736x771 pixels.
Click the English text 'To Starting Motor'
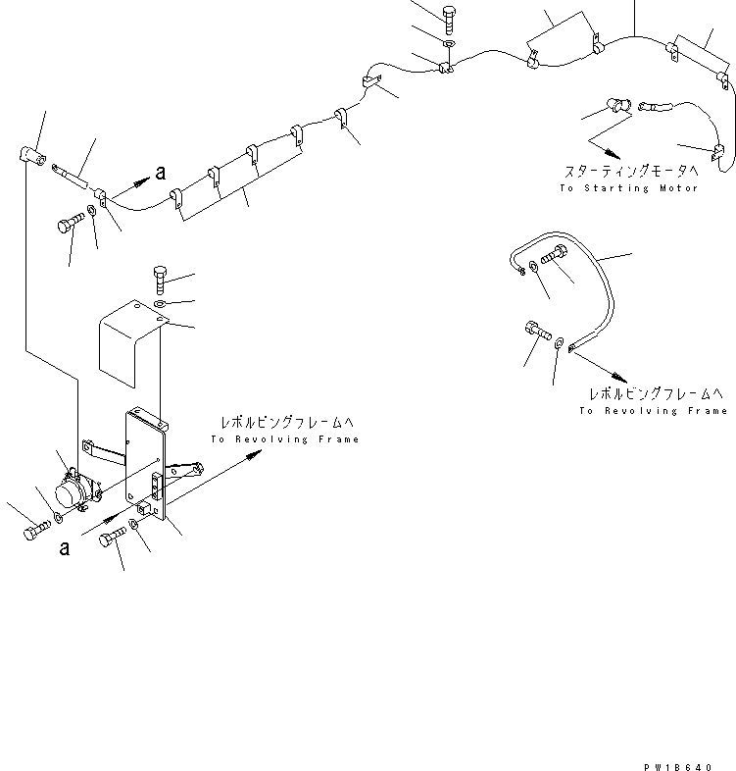[x=628, y=187]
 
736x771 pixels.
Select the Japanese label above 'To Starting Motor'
[x=630, y=171]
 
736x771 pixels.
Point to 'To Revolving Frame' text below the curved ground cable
[x=653, y=410]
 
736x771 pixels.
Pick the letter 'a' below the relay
[x=65, y=547]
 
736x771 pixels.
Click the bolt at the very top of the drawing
[x=448, y=17]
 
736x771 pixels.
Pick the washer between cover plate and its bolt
[x=162, y=305]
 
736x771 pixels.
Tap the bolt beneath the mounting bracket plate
[x=113, y=537]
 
